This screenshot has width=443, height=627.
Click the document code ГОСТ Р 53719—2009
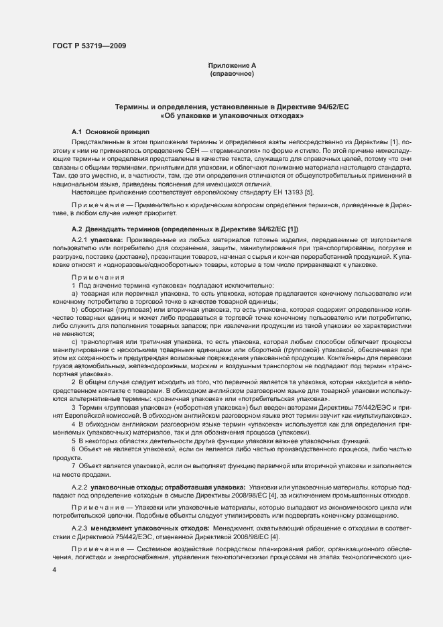tap(88, 46)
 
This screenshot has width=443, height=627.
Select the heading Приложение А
tap(232, 65)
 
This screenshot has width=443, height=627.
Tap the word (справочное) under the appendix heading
tap(232, 73)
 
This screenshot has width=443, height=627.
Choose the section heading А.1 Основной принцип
tap(111, 133)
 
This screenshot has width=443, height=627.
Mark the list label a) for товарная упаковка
tap(75, 294)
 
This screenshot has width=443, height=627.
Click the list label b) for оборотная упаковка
tap(75, 310)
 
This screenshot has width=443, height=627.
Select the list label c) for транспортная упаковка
tap(75, 342)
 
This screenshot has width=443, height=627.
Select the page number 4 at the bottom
tap(54, 569)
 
